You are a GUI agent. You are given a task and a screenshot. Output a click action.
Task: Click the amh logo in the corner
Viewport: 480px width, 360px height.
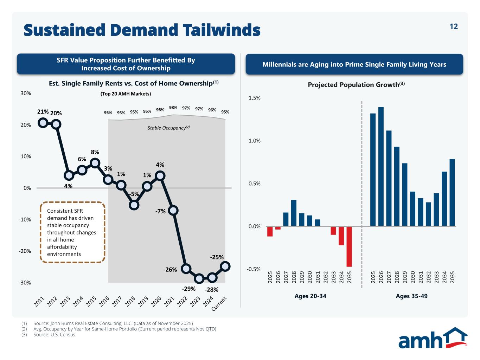click(433, 338)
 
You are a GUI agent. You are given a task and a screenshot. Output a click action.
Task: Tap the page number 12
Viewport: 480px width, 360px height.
click(454, 26)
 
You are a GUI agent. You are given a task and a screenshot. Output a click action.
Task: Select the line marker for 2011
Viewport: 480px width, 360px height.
click(43, 123)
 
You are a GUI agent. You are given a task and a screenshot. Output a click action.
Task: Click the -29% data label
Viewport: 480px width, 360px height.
click(188, 289)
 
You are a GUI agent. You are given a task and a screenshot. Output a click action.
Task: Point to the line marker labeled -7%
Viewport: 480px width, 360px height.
click(173, 211)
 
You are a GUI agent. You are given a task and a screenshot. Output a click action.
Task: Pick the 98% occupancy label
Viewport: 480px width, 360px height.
click(173, 108)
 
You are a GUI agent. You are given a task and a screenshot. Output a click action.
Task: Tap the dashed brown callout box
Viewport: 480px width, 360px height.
click(73, 232)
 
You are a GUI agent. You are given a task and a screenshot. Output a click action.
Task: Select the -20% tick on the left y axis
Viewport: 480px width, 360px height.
click(25, 251)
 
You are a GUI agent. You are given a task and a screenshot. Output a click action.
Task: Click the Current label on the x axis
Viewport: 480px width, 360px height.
click(219, 304)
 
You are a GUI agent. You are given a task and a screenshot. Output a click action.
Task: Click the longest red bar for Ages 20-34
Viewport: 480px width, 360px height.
click(349, 246)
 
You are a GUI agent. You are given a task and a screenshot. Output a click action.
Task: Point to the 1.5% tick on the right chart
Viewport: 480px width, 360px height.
click(254, 98)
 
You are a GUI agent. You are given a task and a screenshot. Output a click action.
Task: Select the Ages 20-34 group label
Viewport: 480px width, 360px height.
click(310, 296)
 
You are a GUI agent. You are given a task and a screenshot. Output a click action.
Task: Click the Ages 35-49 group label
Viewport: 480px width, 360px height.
click(411, 296)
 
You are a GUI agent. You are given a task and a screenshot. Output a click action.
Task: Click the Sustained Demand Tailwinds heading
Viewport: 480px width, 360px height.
click(142, 30)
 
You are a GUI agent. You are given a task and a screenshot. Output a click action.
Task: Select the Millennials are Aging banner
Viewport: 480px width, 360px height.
click(354, 64)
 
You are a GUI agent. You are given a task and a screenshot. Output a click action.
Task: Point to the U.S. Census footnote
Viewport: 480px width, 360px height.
click(55, 335)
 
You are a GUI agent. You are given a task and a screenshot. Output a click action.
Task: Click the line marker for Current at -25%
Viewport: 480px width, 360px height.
click(225, 266)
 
